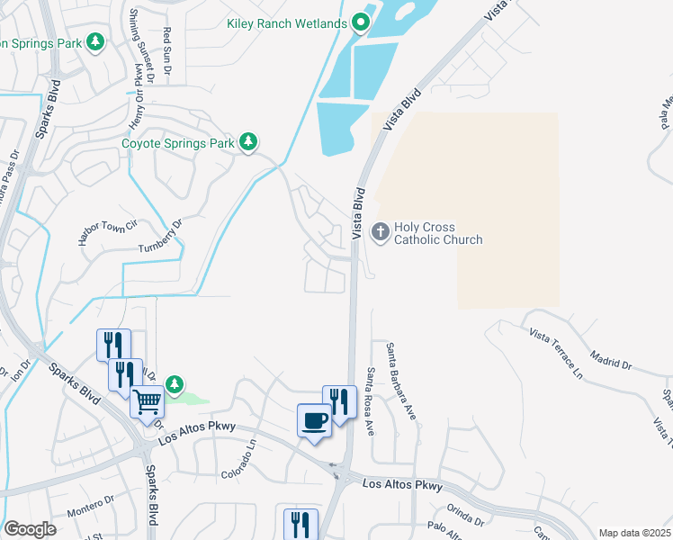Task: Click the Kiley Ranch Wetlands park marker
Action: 361,22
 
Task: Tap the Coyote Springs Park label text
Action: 178,142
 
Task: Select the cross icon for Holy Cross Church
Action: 381,233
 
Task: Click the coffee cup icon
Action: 314,421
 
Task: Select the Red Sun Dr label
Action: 166,49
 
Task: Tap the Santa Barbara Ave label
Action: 400,381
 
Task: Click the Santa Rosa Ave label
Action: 370,401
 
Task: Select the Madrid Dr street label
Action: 615,362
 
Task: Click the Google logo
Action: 29,529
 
